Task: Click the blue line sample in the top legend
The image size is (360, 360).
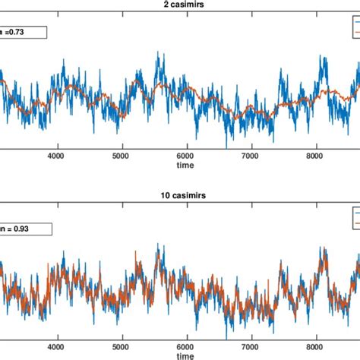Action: pyautogui.click(x=355, y=24)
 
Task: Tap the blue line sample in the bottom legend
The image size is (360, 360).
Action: pyautogui.click(x=355, y=213)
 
